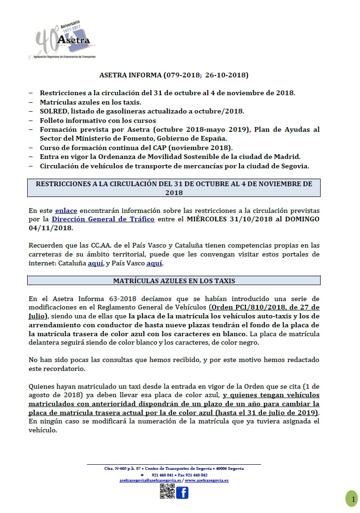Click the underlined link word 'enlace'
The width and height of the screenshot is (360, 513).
(66, 211)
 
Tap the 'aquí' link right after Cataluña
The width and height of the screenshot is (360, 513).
(95, 263)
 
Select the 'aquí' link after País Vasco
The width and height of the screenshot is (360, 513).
(154, 263)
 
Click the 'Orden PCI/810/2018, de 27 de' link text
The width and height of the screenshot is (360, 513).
(265, 307)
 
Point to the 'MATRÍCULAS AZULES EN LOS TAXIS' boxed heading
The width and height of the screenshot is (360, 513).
(174, 281)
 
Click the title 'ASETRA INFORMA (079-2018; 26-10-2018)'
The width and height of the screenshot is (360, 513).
(174, 75)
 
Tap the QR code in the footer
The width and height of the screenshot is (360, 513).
(167, 491)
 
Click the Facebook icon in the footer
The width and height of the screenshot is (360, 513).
(182, 492)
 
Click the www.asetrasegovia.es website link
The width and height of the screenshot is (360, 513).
(207, 481)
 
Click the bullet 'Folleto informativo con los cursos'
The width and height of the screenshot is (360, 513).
(98, 121)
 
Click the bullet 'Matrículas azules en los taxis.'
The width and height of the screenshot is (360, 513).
(90, 102)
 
